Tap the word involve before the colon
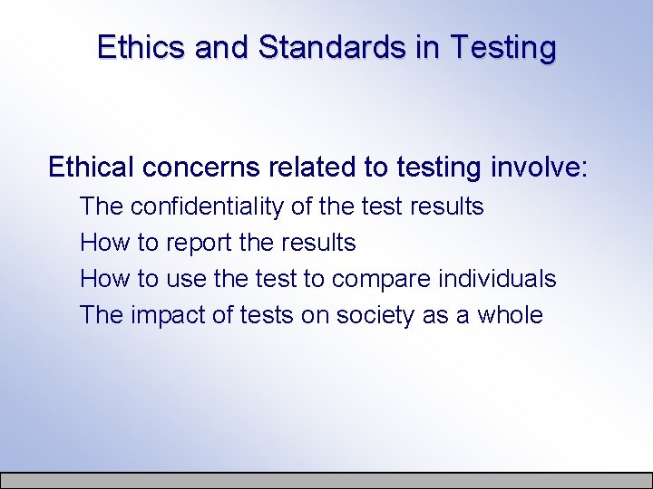point(534,167)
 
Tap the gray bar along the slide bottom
point(326,480)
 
